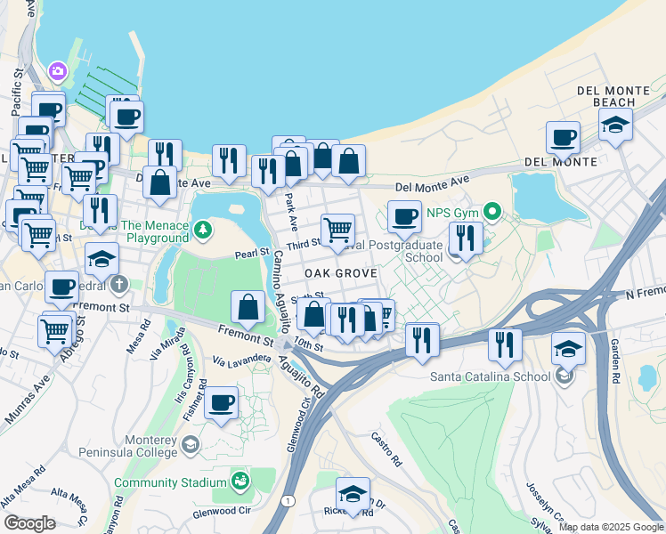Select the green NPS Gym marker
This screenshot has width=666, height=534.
tap(490, 213)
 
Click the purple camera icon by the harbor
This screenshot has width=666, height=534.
tap(58, 70)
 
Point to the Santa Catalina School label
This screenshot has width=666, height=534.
tap(491, 376)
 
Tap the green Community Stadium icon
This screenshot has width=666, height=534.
tap(240, 481)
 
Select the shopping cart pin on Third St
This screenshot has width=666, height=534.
tap(337, 230)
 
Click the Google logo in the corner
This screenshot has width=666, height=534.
tap(28, 523)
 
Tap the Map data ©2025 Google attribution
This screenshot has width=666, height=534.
tap(611, 527)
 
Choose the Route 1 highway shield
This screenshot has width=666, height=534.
tap(287, 501)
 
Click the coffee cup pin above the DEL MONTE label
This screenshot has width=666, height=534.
tap(562, 137)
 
